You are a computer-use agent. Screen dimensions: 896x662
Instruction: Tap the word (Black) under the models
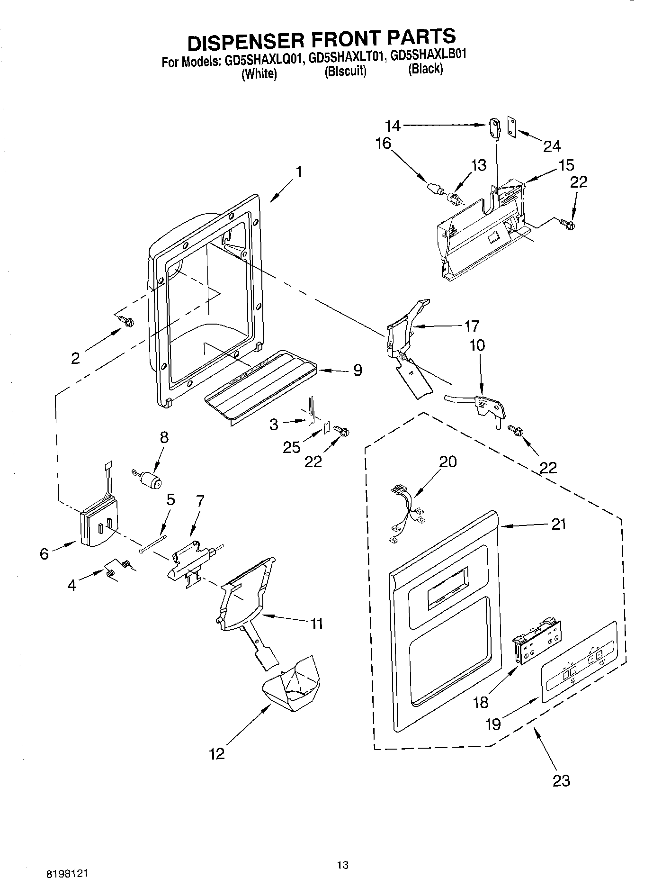point(426,69)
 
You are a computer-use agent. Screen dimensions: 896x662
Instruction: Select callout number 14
point(393,126)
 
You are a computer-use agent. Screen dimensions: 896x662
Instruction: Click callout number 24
point(552,146)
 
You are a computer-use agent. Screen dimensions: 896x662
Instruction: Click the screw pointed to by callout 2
point(126,321)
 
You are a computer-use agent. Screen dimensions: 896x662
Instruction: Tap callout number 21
point(559,525)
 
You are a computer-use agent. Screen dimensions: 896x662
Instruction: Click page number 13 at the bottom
point(342,865)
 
